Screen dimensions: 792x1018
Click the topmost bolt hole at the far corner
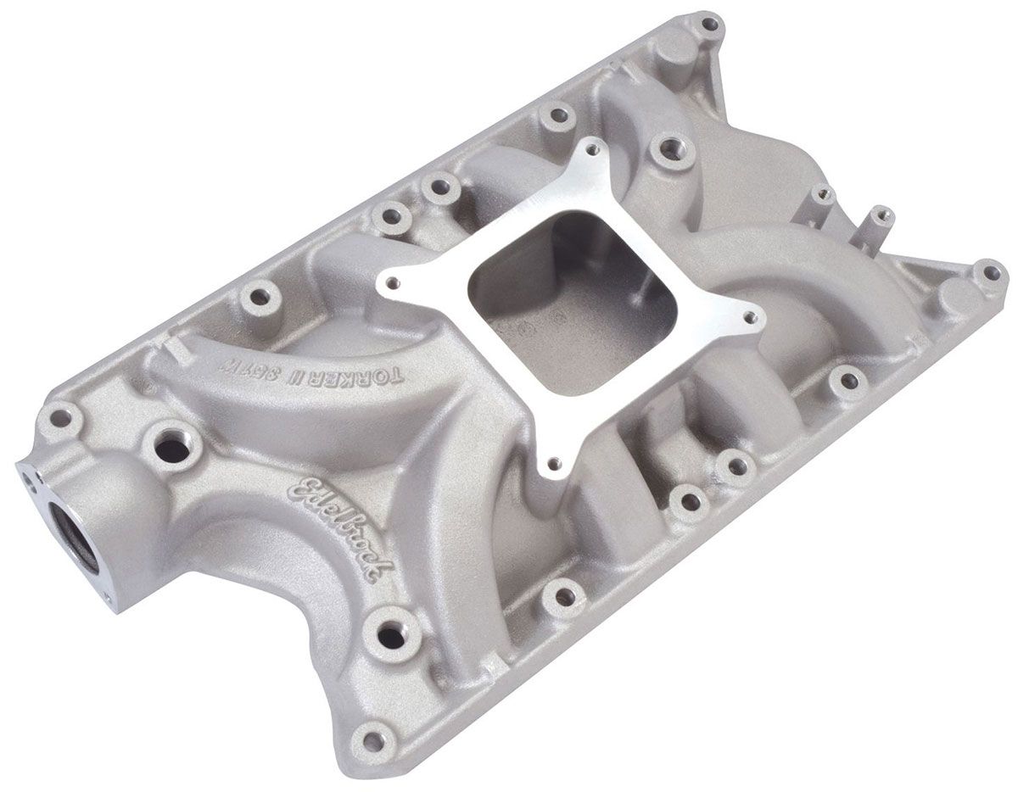tap(709, 24)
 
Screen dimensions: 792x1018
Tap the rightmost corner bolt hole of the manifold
tap(990, 273)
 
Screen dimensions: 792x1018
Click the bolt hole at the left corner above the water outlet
tap(60, 416)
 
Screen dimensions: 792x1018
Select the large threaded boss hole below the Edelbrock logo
tap(391, 631)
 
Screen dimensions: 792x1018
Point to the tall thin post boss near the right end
tap(881, 220)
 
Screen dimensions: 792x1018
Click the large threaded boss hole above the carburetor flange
tap(672, 151)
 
